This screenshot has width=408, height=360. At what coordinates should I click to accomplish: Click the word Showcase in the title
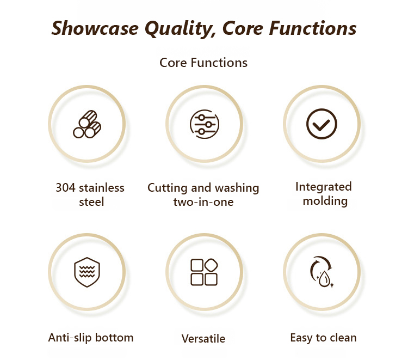(x=95, y=28)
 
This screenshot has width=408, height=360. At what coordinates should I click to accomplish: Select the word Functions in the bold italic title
(x=312, y=28)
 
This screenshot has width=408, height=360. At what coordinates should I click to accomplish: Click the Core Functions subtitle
(x=203, y=63)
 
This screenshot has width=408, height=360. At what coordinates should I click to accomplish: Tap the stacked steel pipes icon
(x=87, y=124)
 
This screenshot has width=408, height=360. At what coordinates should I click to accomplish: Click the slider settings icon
(x=205, y=124)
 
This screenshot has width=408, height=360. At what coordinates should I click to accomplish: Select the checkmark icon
(x=322, y=124)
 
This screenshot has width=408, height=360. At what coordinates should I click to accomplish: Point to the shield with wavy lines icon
(x=87, y=272)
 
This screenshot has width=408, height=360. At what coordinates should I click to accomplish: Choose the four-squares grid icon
(x=204, y=272)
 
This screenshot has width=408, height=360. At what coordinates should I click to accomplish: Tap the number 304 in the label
(x=66, y=187)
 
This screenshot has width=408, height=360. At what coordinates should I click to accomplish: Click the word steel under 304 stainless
(x=91, y=202)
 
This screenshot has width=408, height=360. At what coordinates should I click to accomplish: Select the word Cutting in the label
(x=168, y=188)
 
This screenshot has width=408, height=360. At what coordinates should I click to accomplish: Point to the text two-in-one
(x=203, y=202)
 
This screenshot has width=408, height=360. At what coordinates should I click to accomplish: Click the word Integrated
(x=324, y=187)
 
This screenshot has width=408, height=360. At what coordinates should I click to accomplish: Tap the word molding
(x=325, y=201)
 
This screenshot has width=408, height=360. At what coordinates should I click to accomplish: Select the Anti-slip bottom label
(x=91, y=338)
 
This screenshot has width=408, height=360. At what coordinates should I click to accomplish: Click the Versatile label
(x=203, y=339)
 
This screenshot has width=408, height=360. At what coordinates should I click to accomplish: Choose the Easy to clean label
(x=323, y=338)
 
